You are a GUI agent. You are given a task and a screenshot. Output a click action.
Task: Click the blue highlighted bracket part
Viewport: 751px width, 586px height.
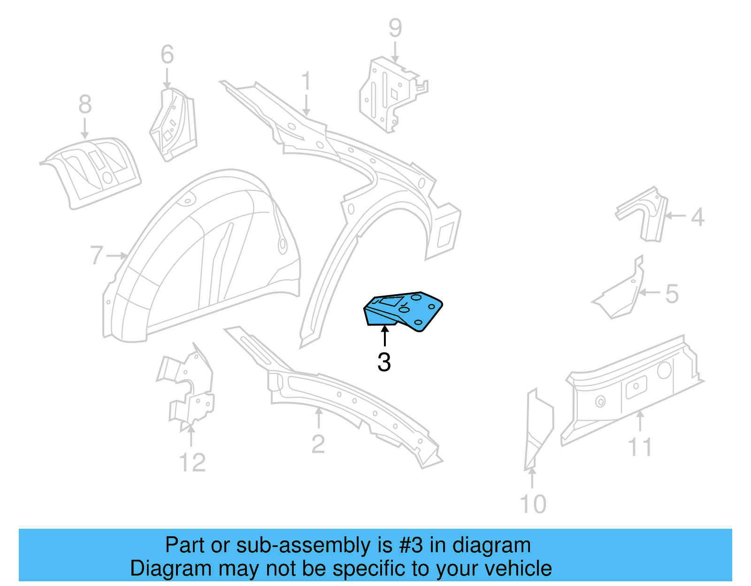(403, 311)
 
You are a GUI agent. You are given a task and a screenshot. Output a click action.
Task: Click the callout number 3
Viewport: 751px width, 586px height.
(384, 362)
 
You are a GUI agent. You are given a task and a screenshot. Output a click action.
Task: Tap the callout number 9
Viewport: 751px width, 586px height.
(395, 28)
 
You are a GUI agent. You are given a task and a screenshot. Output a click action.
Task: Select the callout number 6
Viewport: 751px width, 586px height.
(167, 54)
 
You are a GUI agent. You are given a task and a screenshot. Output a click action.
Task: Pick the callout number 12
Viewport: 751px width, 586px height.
(192, 463)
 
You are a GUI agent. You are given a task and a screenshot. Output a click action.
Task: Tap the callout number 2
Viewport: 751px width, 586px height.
(318, 444)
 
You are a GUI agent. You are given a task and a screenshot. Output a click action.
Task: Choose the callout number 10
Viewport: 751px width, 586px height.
(533, 504)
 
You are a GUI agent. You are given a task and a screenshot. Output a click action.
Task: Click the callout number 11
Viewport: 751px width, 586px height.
(640, 447)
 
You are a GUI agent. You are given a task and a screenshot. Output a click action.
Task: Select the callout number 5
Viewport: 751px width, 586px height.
(672, 294)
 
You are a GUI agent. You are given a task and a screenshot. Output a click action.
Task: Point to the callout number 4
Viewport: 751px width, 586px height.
(697, 217)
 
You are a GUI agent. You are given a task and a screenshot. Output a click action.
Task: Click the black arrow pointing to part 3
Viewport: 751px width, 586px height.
(385, 335)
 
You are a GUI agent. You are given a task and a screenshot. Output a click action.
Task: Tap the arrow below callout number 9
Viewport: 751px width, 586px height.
(395, 52)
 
